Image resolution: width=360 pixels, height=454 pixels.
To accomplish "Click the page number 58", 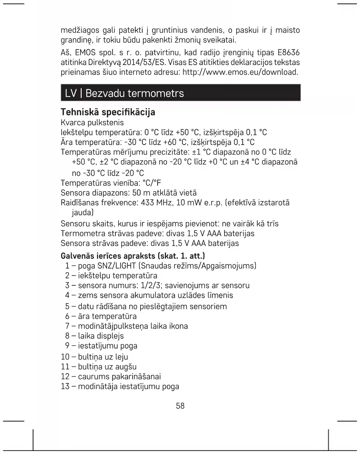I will tap(180, 406).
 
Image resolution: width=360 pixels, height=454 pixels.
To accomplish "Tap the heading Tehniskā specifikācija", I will tap(108, 112).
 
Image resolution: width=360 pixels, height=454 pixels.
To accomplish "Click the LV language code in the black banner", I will tap(71, 93).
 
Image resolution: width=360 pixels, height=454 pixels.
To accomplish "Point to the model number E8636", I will tap(288, 53).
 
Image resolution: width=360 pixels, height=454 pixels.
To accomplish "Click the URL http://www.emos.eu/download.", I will tap(240, 72).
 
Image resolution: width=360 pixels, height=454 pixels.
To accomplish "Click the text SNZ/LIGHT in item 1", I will tap(116, 266).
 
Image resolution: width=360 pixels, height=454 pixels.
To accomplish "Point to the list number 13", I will tap(65, 386).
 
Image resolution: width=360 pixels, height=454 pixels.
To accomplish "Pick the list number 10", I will tap(65, 357).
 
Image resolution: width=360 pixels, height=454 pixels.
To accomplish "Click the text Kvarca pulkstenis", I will tap(92, 123).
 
